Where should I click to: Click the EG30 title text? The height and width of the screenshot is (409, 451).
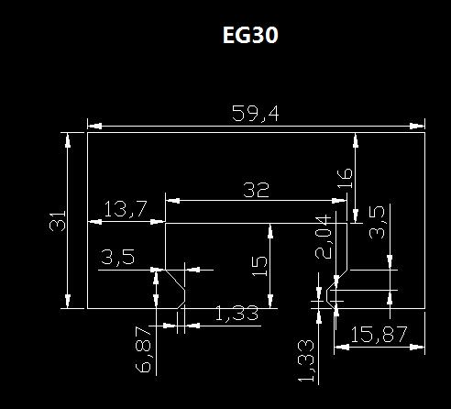click(x=250, y=35)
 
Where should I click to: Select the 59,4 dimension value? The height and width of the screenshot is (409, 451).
click(x=256, y=114)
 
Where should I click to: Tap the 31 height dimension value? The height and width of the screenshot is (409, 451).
click(x=58, y=221)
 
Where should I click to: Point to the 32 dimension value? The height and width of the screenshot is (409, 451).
click(x=256, y=190)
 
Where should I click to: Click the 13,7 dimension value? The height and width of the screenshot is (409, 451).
click(x=126, y=209)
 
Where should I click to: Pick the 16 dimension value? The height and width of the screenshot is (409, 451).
click(x=345, y=179)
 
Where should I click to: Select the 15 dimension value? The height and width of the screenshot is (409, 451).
click(x=259, y=266)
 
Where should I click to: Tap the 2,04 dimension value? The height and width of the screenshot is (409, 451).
click(x=324, y=238)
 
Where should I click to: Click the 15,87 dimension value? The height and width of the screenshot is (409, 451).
click(x=379, y=335)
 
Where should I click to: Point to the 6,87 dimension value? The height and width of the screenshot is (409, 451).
click(x=143, y=349)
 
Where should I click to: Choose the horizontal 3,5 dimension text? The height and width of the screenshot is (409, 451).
click(x=117, y=257)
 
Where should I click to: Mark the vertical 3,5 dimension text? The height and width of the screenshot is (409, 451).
click(x=377, y=222)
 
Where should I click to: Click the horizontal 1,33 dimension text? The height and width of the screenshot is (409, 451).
click(x=236, y=314)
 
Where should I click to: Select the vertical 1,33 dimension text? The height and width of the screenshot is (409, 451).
click(x=306, y=361)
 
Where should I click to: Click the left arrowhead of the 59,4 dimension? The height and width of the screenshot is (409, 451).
click(x=94, y=126)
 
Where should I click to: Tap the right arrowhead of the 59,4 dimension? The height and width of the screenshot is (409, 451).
click(x=417, y=126)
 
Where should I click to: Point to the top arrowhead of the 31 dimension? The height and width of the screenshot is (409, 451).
click(x=68, y=140)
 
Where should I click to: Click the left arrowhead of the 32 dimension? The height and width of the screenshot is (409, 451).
click(x=172, y=201)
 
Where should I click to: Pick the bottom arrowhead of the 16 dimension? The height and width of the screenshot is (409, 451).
click(x=356, y=216)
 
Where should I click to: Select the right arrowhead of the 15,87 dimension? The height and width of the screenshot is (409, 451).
click(x=417, y=347)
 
